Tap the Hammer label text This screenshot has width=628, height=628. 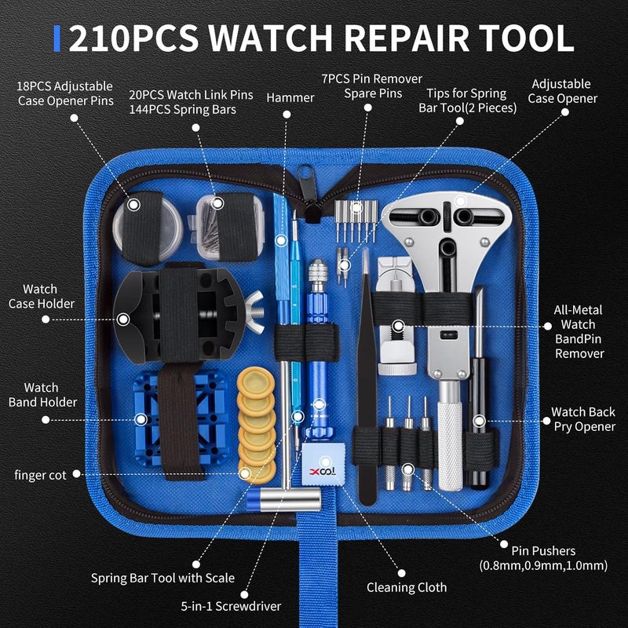[290, 98]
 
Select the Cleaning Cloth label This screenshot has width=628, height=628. [407, 587]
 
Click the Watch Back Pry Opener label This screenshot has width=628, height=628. [582, 419]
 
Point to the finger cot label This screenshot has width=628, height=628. [40, 475]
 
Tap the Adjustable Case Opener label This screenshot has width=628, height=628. [562, 91]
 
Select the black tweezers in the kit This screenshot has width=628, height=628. [368, 377]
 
